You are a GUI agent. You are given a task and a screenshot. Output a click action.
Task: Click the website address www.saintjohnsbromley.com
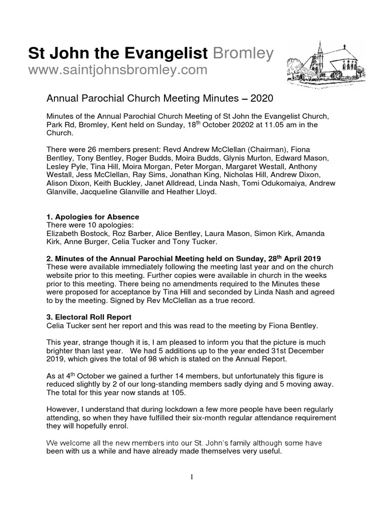117,70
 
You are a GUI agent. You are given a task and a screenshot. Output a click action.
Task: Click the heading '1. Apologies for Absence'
92,217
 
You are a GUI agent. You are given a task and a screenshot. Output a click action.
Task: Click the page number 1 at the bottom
192,477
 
